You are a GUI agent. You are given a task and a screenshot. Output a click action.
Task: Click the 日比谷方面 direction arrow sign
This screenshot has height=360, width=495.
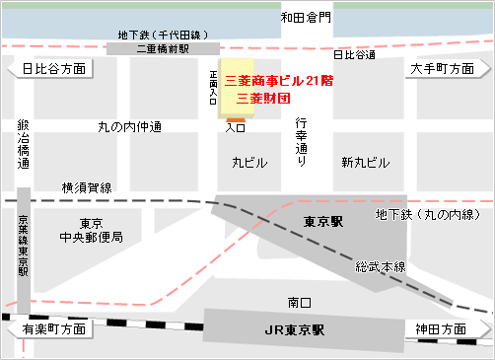[x=48, y=68]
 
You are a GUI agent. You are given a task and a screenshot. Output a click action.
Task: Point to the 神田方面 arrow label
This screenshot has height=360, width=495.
[x=447, y=328]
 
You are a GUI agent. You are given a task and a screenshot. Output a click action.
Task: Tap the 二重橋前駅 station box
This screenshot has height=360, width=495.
[x=163, y=47]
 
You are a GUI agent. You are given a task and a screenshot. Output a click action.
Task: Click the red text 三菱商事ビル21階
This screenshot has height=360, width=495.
[x=280, y=80]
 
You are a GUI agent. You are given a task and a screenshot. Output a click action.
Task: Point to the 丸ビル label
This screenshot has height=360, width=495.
[x=249, y=162]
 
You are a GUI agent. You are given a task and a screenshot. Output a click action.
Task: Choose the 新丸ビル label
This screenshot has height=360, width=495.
[x=366, y=162]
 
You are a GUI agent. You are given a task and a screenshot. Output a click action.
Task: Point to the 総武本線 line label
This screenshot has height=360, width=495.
[x=381, y=266]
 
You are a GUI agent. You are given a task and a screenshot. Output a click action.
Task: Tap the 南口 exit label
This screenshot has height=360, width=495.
[x=299, y=300]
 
